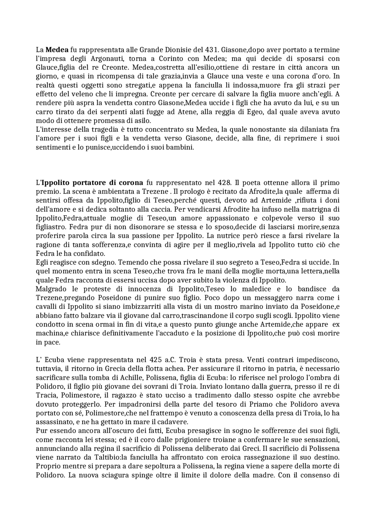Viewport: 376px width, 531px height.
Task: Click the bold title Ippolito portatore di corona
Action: (92, 183)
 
